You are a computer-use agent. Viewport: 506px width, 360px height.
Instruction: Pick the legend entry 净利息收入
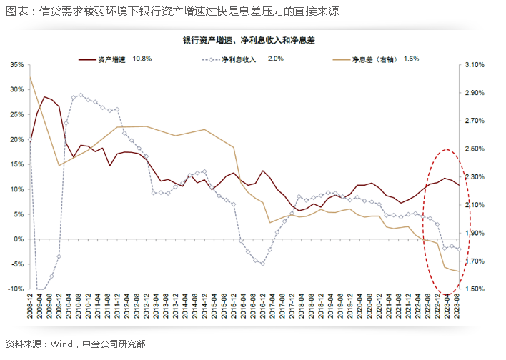pyautogui.click(x=239, y=59)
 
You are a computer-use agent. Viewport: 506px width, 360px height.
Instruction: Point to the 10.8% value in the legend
pyautogui.click(x=142, y=59)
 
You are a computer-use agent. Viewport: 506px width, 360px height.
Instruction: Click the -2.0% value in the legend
pyautogui.click(x=275, y=59)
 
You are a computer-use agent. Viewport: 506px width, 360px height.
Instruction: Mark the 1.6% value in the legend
pyautogui.click(x=411, y=59)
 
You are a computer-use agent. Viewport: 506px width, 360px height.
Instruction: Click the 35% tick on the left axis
pyautogui.click(x=16, y=65)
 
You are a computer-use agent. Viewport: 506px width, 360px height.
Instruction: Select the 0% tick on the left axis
pyautogui.click(x=19, y=239)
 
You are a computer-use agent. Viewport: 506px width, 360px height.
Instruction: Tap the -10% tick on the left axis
pyautogui.click(x=15, y=289)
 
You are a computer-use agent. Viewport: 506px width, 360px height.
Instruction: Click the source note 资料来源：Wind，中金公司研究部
pyautogui.click(x=75, y=344)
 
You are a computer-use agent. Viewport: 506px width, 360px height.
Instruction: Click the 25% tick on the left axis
pyautogui.click(x=16, y=90)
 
